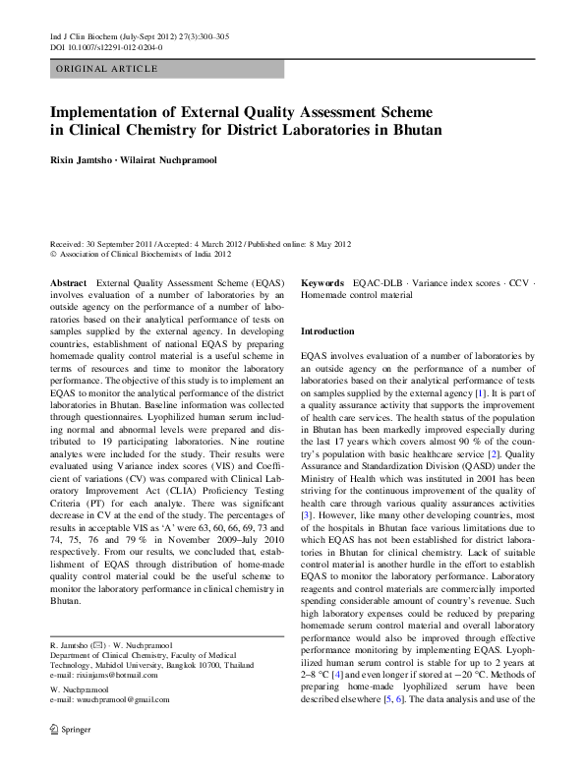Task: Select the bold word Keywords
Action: click(322, 282)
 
